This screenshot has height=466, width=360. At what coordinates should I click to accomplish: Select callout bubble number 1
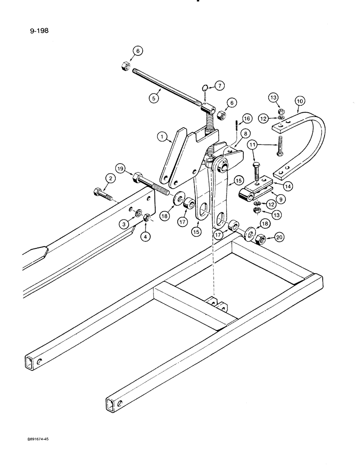click(162, 137)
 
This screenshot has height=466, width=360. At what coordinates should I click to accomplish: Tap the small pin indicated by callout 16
click(237, 125)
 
